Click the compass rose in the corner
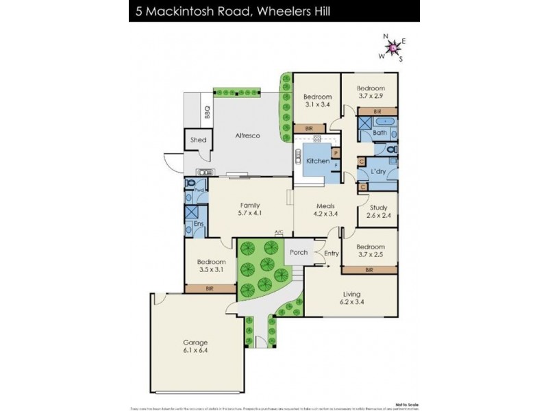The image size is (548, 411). (393, 47)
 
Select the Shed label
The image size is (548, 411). (198, 140)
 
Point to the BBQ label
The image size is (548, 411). (206, 112)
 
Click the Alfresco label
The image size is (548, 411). (247, 136)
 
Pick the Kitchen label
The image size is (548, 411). (317, 160)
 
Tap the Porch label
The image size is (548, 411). (299, 251)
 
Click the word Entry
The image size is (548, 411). (332, 254)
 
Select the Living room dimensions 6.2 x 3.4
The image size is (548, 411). (350, 303)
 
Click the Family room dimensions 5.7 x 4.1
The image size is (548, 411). (249, 213)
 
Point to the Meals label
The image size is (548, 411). (325, 205)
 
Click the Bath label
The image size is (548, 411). (380, 133)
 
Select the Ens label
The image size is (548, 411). (198, 225)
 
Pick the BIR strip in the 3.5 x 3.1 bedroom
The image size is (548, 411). (210, 289)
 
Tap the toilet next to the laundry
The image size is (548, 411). (390, 151)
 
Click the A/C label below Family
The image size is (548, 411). (279, 232)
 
